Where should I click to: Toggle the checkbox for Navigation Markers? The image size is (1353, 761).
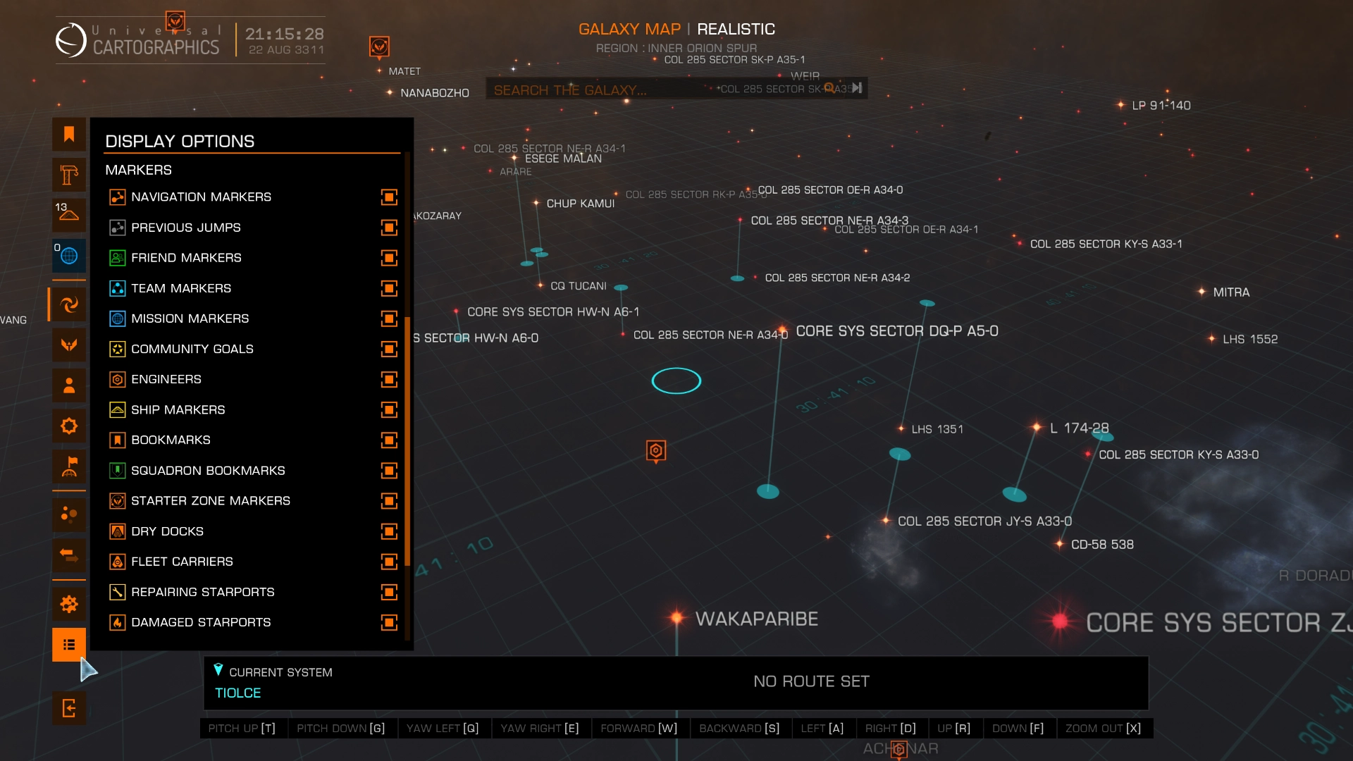click(x=389, y=197)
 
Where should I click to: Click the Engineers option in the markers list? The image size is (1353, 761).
click(x=166, y=380)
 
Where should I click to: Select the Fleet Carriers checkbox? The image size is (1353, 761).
click(x=389, y=562)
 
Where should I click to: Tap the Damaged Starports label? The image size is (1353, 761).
click(x=201, y=623)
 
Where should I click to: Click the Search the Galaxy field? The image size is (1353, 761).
click(x=599, y=90)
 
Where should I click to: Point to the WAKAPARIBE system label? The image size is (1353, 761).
click(x=756, y=619)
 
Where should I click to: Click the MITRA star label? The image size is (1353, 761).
click(x=1230, y=292)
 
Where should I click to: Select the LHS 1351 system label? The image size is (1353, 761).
click(x=937, y=429)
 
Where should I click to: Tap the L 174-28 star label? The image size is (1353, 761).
click(x=1079, y=428)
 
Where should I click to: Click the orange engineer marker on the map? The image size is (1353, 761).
click(x=656, y=451)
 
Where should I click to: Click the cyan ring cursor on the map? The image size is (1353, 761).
click(x=676, y=381)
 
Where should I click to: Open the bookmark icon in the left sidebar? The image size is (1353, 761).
click(x=69, y=135)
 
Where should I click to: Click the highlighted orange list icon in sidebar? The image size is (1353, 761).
click(x=69, y=645)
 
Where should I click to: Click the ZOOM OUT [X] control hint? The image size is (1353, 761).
click(x=1103, y=729)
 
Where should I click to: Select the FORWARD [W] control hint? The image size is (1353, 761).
click(x=638, y=729)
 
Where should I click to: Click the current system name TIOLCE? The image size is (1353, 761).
click(x=237, y=693)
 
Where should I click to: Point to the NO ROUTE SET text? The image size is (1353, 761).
click(x=811, y=682)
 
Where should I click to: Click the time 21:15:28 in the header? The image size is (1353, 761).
click(x=285, y=34)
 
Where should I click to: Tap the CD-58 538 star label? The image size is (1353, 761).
click(x=1102, y=545)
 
